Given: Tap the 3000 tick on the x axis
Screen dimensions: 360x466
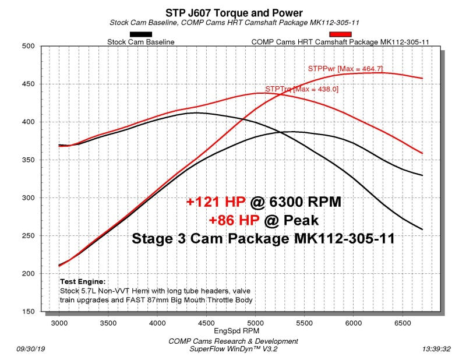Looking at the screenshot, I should click(59, 322).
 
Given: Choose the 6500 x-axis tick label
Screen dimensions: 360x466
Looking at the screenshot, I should click(403, 322).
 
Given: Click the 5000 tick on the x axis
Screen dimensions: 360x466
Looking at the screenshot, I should click(256, 322).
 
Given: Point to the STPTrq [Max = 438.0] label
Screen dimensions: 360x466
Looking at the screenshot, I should click(302, 89).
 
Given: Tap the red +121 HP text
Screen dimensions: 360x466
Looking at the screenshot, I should click(217, 202).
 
